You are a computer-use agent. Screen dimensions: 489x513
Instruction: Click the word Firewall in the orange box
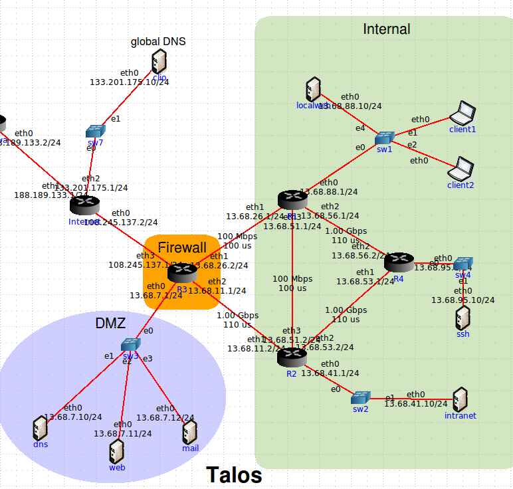[182, 247]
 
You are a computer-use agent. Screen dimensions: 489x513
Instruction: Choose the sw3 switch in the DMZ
[130, 344]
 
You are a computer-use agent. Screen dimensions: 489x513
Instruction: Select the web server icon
[117, 451]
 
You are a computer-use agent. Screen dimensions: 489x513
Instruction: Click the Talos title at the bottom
[234, 475]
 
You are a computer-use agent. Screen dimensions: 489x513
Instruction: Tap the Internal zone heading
[386, 29]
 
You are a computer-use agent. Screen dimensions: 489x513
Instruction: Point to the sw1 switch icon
[384, 138]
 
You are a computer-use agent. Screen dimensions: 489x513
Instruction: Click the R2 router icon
[291, 357]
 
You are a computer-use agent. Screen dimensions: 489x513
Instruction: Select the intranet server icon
[460, 400]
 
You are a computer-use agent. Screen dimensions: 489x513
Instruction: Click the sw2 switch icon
[360, 398]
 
